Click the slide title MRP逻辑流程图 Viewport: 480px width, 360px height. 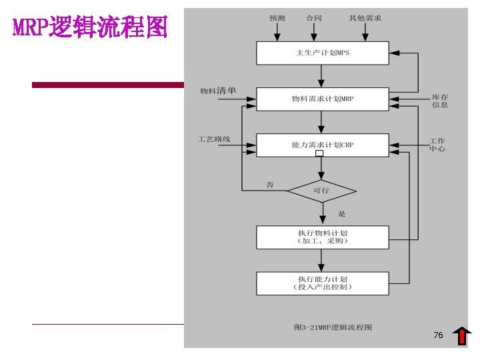(90, 28)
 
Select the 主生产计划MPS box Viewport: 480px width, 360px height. (322, 53)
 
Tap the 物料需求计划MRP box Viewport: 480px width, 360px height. (322, 99)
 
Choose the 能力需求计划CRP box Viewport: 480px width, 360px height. (322, 145)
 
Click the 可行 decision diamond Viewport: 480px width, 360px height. (321, 191)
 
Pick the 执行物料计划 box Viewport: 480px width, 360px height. (322, 237)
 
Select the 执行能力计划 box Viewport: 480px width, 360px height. (322, 283)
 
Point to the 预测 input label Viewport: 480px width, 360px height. (277, 18)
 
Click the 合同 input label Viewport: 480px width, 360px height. (313, 18)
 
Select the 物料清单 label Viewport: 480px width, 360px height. (218, 91)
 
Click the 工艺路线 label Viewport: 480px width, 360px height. (214, 139)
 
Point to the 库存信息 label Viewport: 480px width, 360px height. (439, 101)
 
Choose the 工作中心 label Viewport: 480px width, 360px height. (437, 145)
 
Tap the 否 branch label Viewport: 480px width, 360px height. (270, 185)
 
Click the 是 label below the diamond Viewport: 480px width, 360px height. (342, 214)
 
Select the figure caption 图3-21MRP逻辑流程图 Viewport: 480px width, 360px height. (333, 327)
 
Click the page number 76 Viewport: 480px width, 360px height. (438, 335)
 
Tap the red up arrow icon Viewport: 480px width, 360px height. (461, 337)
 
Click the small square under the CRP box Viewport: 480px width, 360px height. (319, 153)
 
